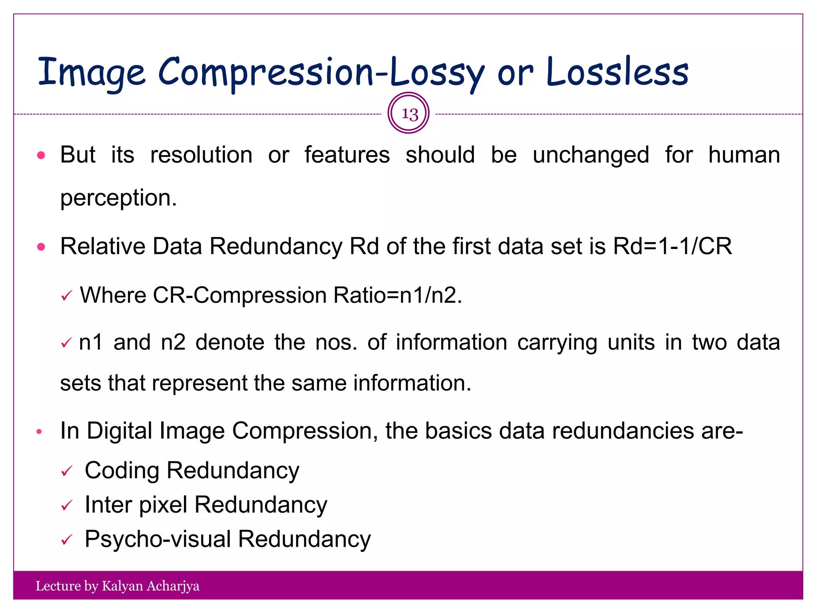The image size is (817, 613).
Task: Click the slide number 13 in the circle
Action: coord(409,114)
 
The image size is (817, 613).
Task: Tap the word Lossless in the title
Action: coord(617,72)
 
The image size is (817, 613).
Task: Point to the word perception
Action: coord(118,198)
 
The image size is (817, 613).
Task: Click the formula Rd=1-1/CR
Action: coord(673,246)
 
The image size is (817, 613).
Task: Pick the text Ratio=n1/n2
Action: coord(397,296)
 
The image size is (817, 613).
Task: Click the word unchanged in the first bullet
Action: coord(591,155)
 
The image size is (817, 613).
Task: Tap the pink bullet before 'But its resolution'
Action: coord(41,155)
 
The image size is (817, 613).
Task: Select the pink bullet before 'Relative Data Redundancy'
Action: coord(41,247)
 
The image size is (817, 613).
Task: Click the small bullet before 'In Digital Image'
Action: coord(39,431)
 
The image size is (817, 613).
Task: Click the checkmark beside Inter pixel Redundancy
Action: coord(67,506)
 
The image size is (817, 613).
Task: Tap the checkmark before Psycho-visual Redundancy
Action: coord(67,540)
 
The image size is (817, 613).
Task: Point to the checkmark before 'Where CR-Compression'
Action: coord(67,296)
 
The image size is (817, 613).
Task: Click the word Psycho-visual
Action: coord(158,539)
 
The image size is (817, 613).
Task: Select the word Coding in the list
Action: coord(122,471)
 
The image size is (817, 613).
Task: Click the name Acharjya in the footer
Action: coord(173,586)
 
